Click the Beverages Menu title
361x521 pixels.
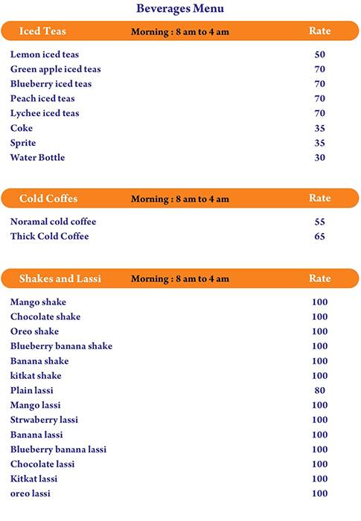180,9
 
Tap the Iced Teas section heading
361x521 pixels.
42,31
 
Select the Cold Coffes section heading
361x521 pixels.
48,199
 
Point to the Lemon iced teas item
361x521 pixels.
45,54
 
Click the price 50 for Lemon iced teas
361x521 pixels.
320,54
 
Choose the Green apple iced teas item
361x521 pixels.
56,69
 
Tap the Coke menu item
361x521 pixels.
22,128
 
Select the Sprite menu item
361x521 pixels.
23,143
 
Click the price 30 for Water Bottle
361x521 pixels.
320,158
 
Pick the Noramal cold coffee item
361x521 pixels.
54,222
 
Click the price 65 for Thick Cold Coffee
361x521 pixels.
320,237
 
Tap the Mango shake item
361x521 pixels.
38,302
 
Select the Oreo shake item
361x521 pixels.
34,331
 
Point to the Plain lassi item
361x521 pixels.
32,390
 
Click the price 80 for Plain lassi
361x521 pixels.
320,390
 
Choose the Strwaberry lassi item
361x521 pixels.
44,420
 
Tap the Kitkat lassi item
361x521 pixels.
33,479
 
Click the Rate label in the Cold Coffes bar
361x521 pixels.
320,199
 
